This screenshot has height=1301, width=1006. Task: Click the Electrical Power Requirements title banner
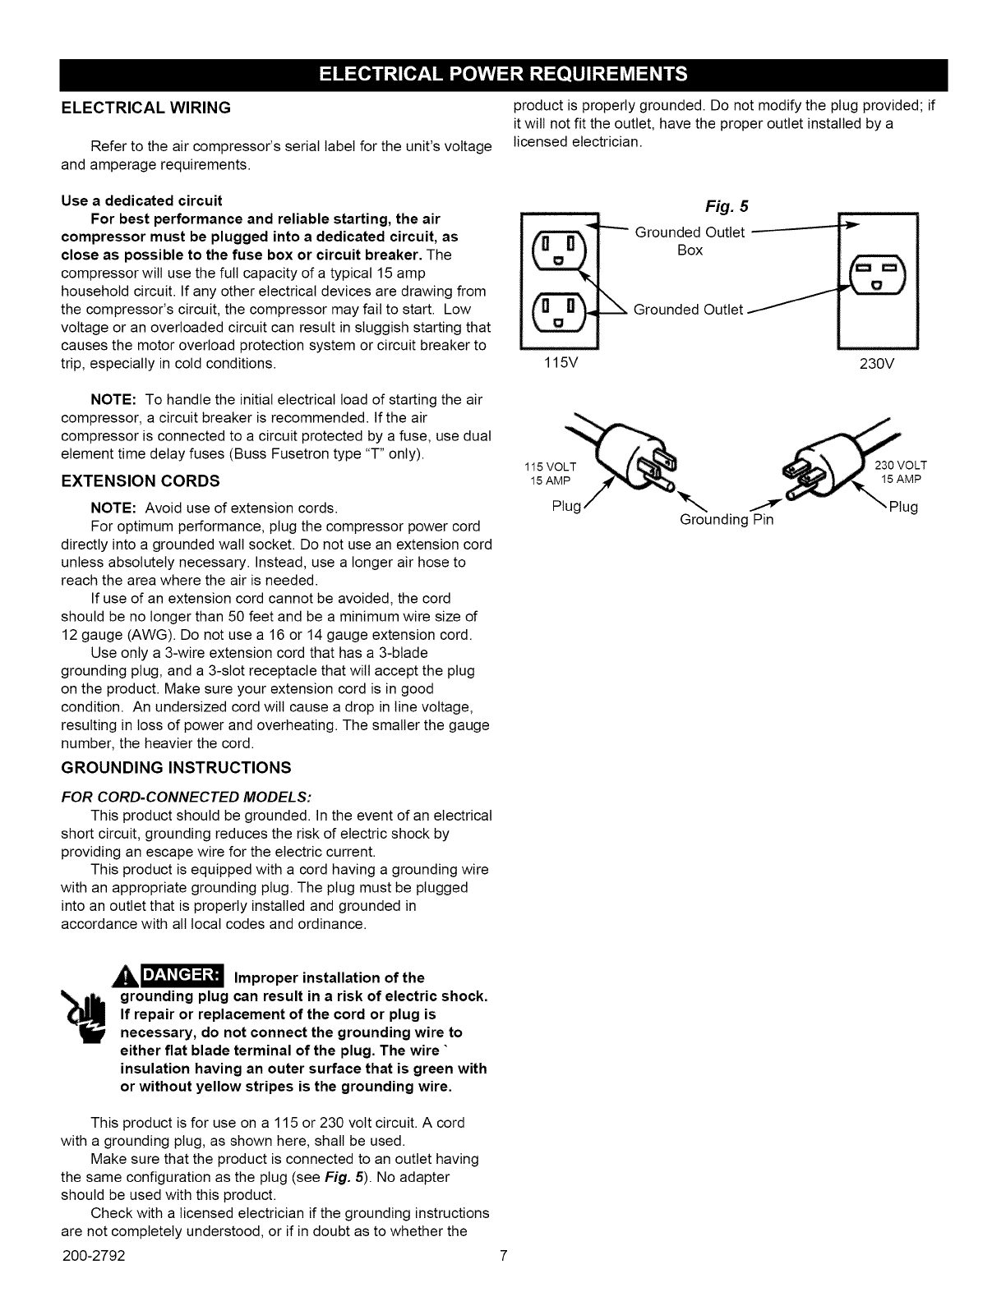click(x=502, y=76)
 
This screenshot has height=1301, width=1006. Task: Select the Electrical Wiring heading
click(x=145, y=108)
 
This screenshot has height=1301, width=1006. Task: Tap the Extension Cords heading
click(x=141, y=480)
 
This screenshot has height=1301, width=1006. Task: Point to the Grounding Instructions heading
click(x=176, y=768)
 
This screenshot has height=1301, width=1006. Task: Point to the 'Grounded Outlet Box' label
click(x=690, y=241)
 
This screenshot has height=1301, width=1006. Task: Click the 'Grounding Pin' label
click(x=727, y=520)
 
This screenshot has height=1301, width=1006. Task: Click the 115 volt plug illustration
click(x=631, y=462)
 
